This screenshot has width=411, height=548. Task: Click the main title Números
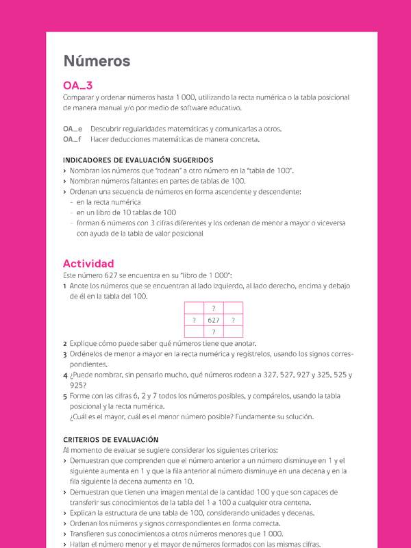97,61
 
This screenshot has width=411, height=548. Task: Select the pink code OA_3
77,86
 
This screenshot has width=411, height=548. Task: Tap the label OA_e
73,129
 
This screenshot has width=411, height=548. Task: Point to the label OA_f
72,139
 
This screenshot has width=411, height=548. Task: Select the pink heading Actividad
88,264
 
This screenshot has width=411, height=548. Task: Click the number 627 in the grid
214,320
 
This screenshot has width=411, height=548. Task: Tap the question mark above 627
214,308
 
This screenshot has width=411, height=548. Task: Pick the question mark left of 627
194,320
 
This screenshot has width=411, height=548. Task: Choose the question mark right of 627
233,320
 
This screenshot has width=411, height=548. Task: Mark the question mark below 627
214,332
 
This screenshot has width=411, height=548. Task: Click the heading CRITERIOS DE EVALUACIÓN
110,439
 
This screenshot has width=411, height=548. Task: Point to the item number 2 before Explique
64,343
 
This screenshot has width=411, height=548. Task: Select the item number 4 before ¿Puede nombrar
64,375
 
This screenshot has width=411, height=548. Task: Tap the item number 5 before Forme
64,396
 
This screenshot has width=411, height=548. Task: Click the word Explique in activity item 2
84,343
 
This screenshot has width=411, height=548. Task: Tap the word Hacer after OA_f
100,139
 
